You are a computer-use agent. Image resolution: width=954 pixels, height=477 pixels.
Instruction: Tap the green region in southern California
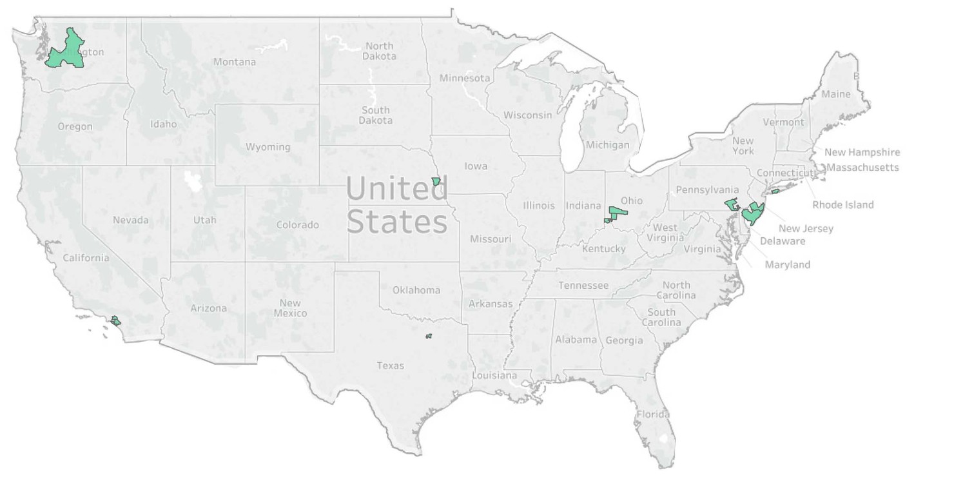(x=115, y=320)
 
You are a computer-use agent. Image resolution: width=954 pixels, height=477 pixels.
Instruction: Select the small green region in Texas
(x=429, y=336)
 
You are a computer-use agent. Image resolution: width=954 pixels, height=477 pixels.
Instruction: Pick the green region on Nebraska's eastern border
(x=436, y=182)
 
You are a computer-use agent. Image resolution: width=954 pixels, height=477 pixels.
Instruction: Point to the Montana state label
(x=234, y=62)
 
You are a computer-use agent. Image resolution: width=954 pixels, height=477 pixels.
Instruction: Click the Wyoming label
(x=268, y=147)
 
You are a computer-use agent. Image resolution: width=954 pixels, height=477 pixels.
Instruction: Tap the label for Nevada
(x=130, y=220)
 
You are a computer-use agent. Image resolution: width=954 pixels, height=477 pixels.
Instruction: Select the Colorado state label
(x=297, y=225)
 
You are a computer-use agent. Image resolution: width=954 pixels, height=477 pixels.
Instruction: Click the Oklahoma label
(x=416, y=290)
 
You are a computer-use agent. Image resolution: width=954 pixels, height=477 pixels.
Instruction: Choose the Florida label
(x=652, y=414)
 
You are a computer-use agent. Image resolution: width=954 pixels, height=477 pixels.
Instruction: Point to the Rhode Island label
(x=842, y=205)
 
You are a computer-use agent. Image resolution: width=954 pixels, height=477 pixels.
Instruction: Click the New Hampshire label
(x=862, y=153)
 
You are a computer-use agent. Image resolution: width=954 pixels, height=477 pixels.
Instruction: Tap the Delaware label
(x=783, y=241)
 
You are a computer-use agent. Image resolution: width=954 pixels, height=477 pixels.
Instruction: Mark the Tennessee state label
(x=583, y=286)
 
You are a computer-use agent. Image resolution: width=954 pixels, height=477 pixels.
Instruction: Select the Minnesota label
(x=464, y=78)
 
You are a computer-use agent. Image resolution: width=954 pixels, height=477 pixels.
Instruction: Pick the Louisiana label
(x=494, y=375)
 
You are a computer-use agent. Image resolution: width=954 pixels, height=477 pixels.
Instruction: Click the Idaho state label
(x=163, y=124)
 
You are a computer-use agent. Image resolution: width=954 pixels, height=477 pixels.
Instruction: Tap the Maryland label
(x=787, y=265)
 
